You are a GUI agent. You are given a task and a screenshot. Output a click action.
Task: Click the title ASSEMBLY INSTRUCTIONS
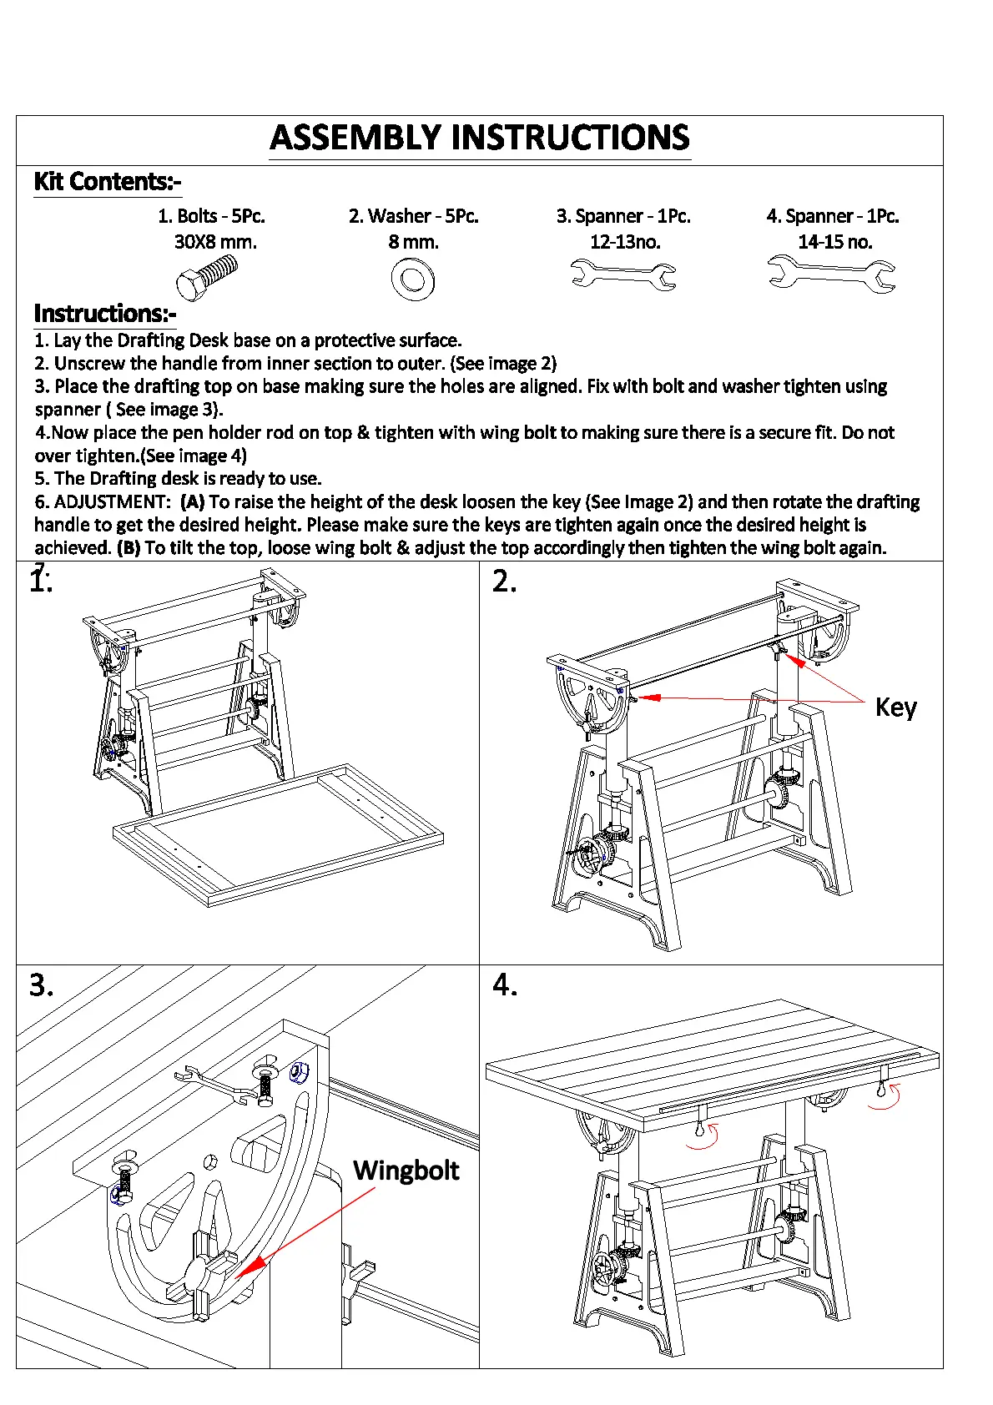point(480,138)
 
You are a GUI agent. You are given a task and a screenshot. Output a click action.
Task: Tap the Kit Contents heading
point(107,181)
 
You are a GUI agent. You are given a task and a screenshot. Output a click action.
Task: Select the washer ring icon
point(412,279)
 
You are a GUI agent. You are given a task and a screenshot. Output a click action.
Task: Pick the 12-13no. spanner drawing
point(623,274)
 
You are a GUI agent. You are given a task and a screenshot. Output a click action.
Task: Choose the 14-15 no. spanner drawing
point(831,274)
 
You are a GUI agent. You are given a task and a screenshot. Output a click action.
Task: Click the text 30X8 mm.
point(215,242)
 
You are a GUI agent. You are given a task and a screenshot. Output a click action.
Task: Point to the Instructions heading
point(105,313)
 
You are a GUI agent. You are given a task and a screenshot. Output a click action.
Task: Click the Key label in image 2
point(895,708)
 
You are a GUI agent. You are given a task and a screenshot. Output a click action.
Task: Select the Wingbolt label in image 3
point(406,1170)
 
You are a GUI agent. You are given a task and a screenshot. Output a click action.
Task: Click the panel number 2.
point(504,581)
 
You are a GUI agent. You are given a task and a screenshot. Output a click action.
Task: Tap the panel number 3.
point(41,985)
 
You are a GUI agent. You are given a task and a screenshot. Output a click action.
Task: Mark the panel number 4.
point(504,985)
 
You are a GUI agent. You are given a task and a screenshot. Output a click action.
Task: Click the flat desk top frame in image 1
point(278,835)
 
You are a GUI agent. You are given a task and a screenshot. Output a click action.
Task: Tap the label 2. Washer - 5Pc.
point(413,216)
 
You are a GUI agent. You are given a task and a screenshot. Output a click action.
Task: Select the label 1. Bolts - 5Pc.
point(211,216)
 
